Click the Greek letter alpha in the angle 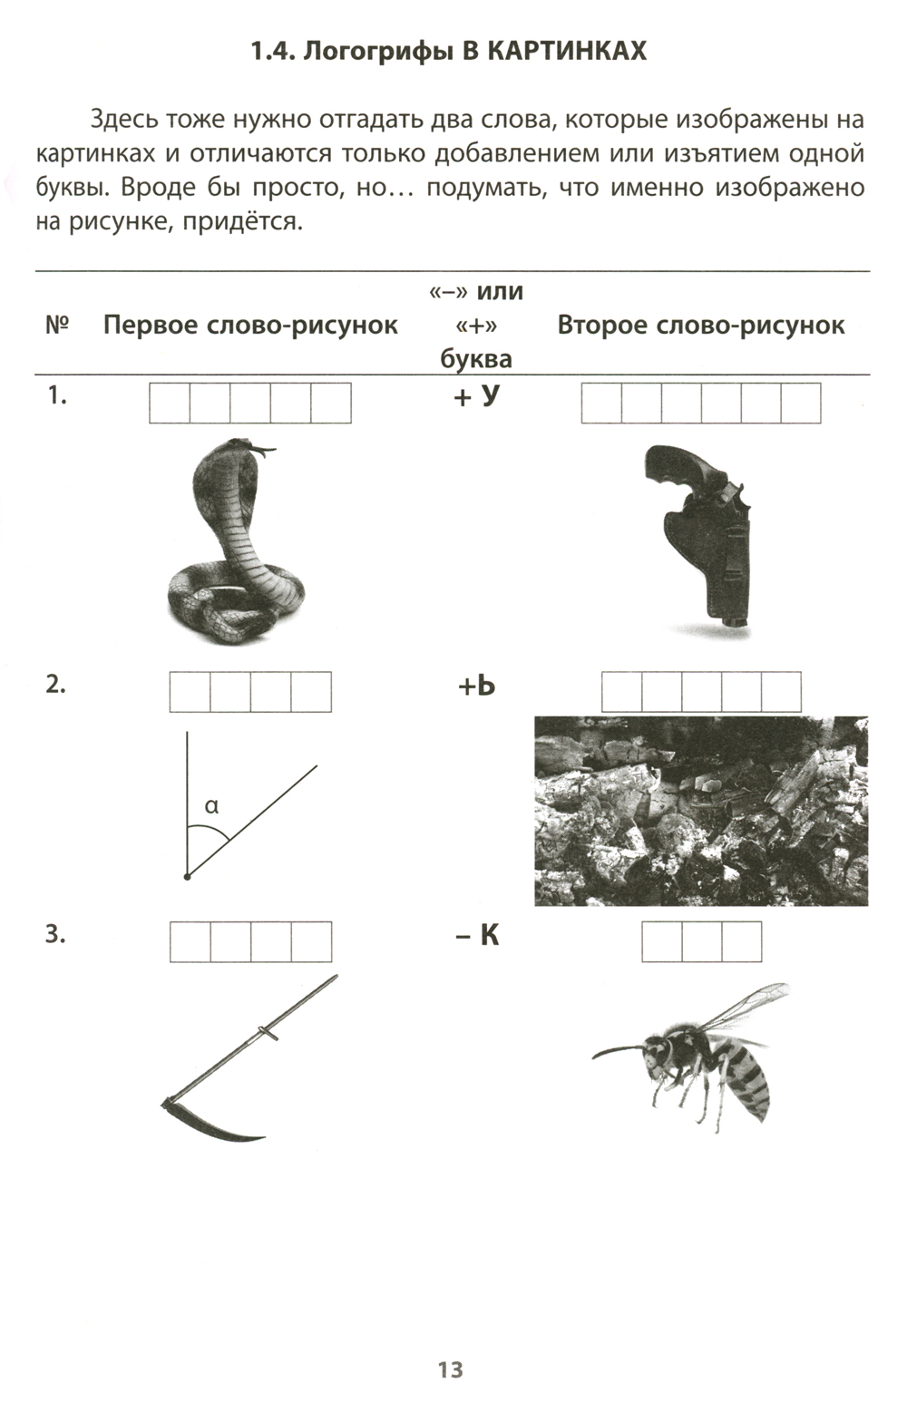pos(212,805)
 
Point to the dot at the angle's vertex pos(187,876)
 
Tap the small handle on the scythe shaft pos(267,1034)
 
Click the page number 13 pos(451,1369)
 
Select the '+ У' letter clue pos(476,396)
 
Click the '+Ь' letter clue pos(476,686)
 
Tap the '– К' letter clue pos(476,935)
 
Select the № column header pos(57,326)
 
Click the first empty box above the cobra pos(170,403)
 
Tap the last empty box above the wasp pos(742,941)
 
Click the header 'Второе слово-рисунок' pos(701,326)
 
